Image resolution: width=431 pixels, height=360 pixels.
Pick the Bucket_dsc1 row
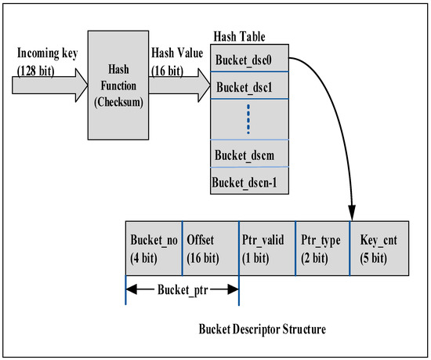(x=249, y=87)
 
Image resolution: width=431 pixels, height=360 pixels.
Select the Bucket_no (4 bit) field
(x=154, y=249)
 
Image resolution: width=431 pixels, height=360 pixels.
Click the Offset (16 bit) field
(x=210, y=249)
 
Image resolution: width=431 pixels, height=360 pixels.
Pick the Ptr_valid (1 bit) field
(x=266, y=249)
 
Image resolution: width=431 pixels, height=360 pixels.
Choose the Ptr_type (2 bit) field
(x=322, y=249)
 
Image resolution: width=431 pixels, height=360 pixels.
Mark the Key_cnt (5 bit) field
(x=379, y=249)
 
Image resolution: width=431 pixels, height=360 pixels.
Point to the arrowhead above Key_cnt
(x=351, y=213)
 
